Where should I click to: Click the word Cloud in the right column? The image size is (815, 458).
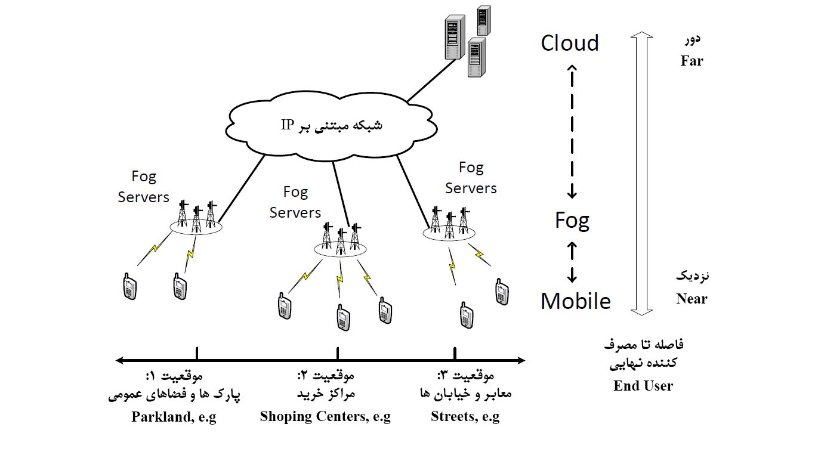(x=569, y=43)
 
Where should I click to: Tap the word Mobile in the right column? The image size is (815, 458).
(x=575, y=301)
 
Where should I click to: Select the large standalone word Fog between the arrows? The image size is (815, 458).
(x=572, y=221)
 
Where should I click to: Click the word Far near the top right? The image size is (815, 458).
(x=691, y=61)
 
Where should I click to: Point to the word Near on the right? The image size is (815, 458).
(x=691, y=299)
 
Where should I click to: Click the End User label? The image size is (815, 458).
(x=643, y=386)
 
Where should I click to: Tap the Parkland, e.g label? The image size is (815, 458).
(x=174, y=417)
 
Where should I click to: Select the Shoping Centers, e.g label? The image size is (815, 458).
(x=325, y=417)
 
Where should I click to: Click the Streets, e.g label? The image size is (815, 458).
(x=465, y=417)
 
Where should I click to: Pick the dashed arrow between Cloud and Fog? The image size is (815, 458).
(x=572, y=131)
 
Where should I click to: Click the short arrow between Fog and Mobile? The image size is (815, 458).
(x=572, y=261)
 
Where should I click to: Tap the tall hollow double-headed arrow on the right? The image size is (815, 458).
(x=643, y=173)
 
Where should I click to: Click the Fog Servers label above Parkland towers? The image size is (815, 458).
(x=144, y=187)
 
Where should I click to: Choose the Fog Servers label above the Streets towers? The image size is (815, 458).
(x=471, y=178)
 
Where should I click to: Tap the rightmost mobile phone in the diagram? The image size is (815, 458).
(x=502, y=291)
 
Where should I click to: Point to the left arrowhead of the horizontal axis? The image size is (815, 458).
(x=120, y=360)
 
